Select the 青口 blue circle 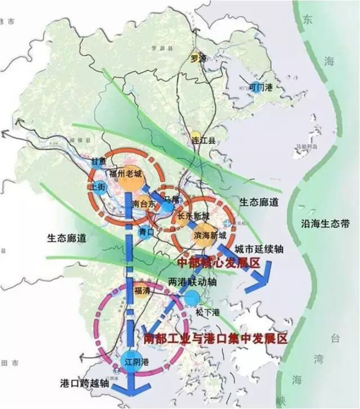pos(146,230)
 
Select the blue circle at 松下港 pos(192,298)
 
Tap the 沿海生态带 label pos(325,224)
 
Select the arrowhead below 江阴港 pos(131,391)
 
